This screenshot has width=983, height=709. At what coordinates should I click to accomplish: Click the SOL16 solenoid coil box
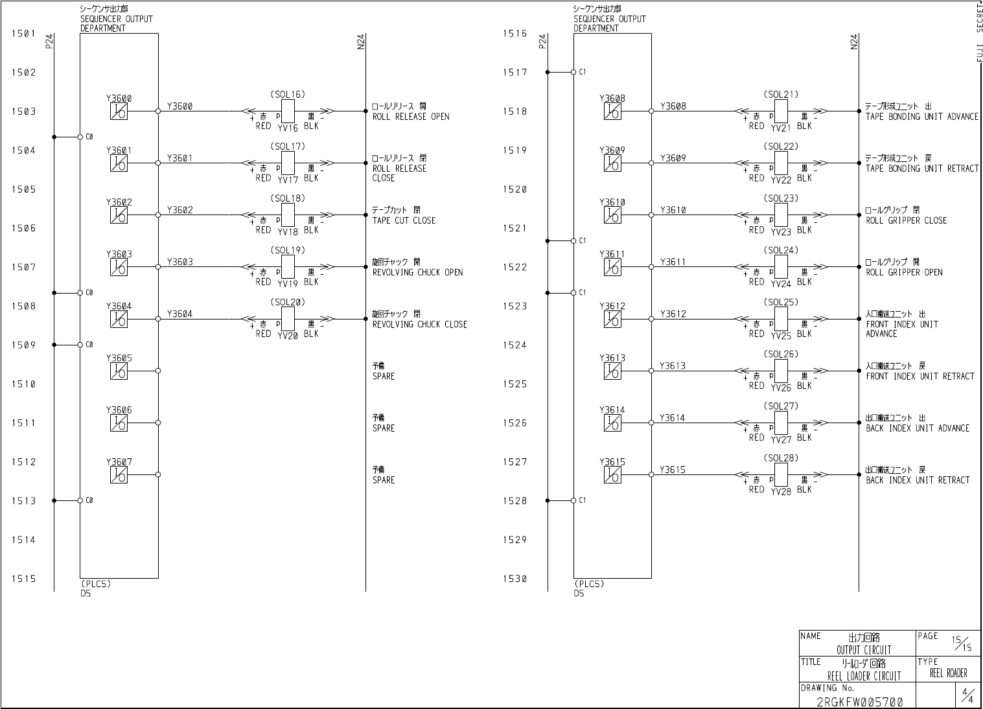point(288,111)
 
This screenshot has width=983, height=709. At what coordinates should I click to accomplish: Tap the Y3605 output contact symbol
point(119,371)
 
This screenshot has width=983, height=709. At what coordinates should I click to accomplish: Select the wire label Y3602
point(179,210)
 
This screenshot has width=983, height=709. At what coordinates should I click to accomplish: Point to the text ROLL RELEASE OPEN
point(410,117)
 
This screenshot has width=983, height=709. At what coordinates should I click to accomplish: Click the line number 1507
point(23,267)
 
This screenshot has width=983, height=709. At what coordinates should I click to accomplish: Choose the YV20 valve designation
point(288,336)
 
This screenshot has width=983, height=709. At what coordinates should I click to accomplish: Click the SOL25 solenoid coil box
point(781,319)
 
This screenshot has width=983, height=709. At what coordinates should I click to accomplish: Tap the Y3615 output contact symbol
point(612,475)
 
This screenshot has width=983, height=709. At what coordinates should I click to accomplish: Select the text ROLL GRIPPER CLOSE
point(906,220)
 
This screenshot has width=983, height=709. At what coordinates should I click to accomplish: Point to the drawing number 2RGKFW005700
point(859,702)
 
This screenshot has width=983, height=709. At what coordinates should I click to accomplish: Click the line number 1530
point(515,579)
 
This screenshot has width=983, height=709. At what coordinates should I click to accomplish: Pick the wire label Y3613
point(673,366)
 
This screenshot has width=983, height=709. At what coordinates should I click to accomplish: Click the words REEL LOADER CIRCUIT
point(864,676)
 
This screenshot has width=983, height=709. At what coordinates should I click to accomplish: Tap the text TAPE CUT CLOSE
point(404,220)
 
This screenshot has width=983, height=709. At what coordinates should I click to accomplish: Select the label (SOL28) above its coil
point(781,458)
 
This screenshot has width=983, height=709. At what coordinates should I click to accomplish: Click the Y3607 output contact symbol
point(119,475)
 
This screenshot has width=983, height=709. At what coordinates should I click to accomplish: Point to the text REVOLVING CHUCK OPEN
point(417,272)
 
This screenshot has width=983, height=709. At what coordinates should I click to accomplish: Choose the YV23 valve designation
point(781,232)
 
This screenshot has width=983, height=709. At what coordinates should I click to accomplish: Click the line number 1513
point(23,501)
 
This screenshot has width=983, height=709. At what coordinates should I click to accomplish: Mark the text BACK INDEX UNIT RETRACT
point(918,480)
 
